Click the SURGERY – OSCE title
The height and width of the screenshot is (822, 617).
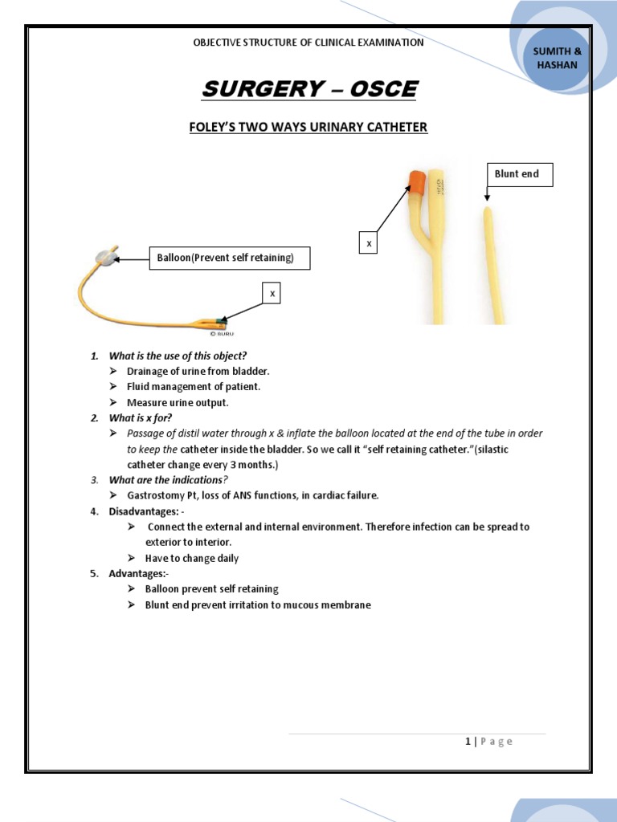pyautogui.click(x=309, y=89)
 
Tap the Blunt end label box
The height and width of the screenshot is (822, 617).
pyautogui.click(x=518, y=174)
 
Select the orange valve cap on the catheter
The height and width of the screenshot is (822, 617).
pyautogui.click(x=416, y=183)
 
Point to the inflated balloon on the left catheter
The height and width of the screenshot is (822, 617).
pyautogui.click(x=105, y=258)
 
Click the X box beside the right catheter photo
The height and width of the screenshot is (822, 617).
pyautogui.click(x=369, y=242)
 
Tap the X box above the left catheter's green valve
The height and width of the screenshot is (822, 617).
pyautogui.click(x=272, y=295)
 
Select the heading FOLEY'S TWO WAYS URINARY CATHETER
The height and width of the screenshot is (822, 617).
pyautogui.click(x=308, y=127)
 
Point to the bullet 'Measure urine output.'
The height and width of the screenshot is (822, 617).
pyautogui.click(x=178, y=402)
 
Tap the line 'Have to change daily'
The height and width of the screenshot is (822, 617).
pyautogui.click(x=191, y=558)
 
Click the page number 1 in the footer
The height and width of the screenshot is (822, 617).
pyautogui.click(x=468, y=741)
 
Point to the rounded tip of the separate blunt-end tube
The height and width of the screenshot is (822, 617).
pyautogui.click(x=486, y=211)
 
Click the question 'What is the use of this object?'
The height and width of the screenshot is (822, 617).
pyautogui.click(x=178, y=355)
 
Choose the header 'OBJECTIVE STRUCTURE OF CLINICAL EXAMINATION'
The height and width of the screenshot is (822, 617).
pyautogui.click(x=308, y=43)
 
